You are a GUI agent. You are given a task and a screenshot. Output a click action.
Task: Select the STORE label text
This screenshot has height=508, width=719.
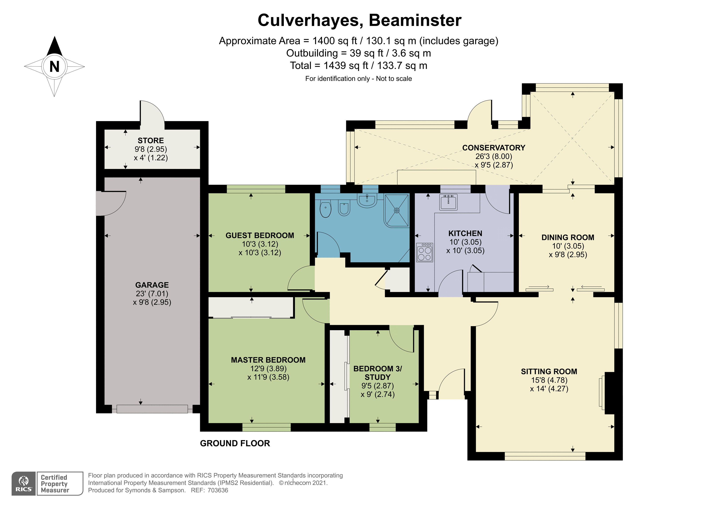[151, 141]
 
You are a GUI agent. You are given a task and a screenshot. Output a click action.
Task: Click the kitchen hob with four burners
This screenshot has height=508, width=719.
[425, 253]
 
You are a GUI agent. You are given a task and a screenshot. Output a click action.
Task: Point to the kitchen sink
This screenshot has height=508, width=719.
[448, 202]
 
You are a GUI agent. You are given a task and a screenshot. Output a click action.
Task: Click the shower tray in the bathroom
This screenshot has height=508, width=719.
[397, 210]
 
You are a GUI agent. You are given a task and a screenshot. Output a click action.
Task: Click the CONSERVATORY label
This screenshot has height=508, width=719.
[494, 148]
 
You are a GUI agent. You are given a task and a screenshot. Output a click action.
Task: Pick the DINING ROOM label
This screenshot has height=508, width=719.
[568, 237]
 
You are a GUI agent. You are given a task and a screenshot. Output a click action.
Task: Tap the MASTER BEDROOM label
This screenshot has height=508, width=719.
[268, 360]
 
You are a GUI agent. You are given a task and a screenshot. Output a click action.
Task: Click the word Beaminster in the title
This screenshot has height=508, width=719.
[415, 20]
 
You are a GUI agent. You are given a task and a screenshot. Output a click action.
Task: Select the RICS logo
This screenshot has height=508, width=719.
[24, 484]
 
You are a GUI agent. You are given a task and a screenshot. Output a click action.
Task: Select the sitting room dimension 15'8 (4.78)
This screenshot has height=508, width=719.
[549, 380]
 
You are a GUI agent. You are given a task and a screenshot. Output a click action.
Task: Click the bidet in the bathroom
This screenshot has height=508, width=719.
[344, 209]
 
